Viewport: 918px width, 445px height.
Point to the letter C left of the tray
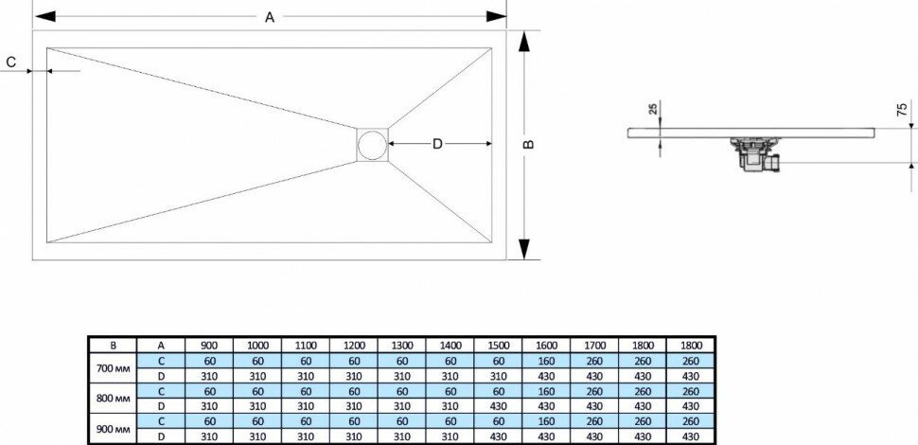(x=11, y=62)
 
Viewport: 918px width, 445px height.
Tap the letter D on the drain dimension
(x=437, y=144)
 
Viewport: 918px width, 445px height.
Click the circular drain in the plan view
(x=372, y=146)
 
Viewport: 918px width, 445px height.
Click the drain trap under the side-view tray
(x=755, y=155)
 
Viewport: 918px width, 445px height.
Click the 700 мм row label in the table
(x=114, y=369)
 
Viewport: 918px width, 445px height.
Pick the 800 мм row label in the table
(x=114, y=399)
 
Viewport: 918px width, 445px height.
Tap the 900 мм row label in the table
(x=114, y=428)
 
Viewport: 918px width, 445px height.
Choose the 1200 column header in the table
(x=354, y=347)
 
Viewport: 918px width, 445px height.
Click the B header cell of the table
(x=114, y=347)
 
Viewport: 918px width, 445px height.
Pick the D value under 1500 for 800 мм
(x=499, y=405)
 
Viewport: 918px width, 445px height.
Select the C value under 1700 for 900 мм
(x=595, y=420)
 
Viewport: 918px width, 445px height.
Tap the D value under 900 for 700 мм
(x=209, y=376)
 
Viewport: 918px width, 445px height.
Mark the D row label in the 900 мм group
(x=162, y=435)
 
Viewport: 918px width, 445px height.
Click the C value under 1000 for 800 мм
(x=257, y=391)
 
